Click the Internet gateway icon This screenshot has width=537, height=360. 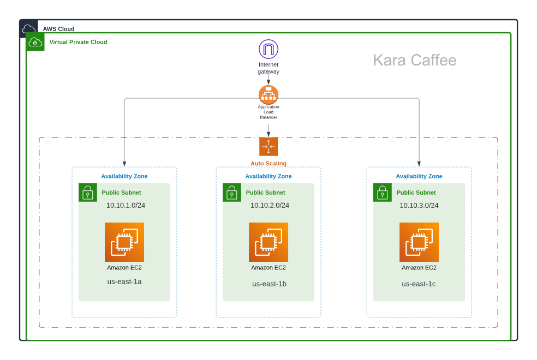tap(268, 49)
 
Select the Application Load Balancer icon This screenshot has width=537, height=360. tap(268, 95)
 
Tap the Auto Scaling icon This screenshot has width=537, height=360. tap(268, 147)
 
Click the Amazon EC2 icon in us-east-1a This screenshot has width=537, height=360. tap(124, 242)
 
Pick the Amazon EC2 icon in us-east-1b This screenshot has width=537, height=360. tap(268, 242)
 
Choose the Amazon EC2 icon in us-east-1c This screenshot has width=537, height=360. tap(419, 242)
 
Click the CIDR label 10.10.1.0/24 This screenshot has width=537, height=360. tap(126, 205)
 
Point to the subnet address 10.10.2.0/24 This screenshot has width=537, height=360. tap(270, 205)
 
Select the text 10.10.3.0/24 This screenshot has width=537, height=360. tap(419, 205)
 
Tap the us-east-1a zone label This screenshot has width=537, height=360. tap(124, 281)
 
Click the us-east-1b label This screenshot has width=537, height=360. tap(269, 284)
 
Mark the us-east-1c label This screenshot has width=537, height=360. tap(419, 284)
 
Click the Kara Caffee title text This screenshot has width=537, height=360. tap(414, 60)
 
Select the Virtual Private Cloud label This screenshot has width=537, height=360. tap(78, 42)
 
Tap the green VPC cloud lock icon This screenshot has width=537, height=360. tap(35, 42)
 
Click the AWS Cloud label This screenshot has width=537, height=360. tap(58, 29)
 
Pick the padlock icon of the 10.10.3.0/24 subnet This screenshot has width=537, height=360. tap(383, 193)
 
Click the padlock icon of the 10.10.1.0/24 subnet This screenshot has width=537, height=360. tap(88, 193)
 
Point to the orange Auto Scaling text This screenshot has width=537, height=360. tap(268, 164)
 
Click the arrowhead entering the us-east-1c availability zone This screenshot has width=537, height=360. tap(419, 164)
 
